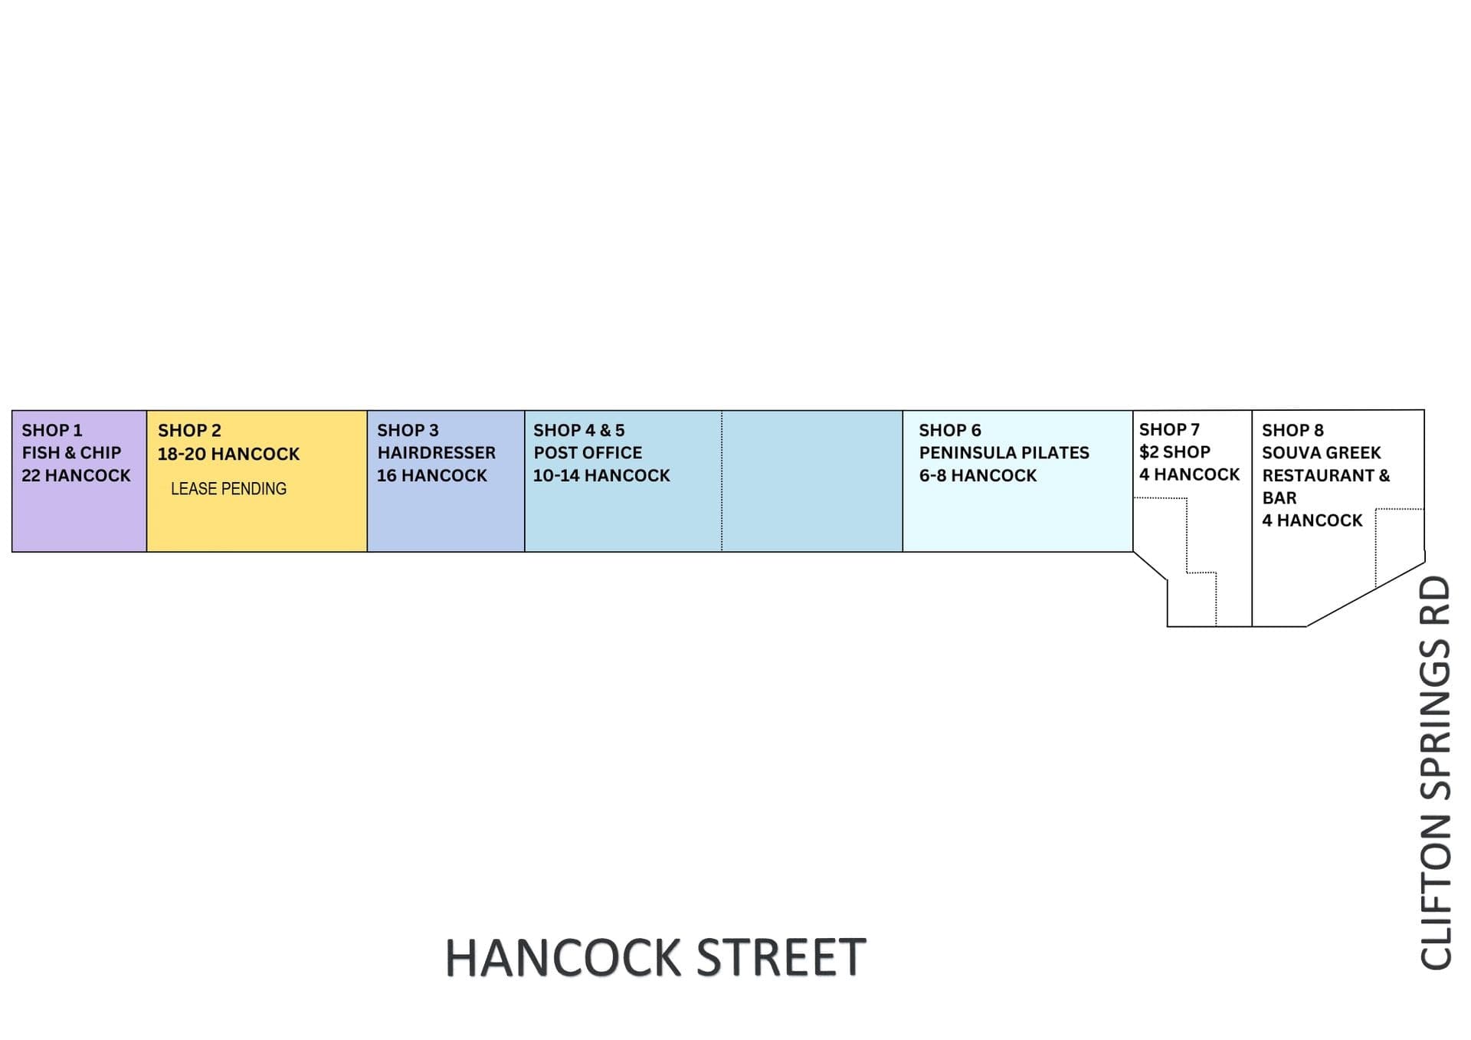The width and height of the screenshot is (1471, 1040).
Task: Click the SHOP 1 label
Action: pos(51,430)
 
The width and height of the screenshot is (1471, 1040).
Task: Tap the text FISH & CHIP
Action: pos(71,452)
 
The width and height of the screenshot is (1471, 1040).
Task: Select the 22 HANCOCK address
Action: pos(76,475)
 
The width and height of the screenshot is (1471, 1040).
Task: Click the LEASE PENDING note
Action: pos(228,488)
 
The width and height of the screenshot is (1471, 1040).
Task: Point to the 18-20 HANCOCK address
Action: pos(228,454)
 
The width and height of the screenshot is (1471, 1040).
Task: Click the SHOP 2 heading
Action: pos(189,431)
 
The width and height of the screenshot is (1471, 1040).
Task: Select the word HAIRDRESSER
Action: pos(436,452)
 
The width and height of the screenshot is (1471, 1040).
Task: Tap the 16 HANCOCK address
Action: pos(431,475)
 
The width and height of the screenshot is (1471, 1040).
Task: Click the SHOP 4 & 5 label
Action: pos(578,430)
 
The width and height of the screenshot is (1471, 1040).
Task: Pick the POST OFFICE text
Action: pos(588,452)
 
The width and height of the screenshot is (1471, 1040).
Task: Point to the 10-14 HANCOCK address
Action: pos(601,475)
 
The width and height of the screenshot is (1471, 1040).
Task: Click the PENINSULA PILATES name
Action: pos(1004,452)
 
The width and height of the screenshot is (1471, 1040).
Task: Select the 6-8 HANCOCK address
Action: pos(978,475)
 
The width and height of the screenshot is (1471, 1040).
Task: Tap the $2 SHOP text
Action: pos(1175,451)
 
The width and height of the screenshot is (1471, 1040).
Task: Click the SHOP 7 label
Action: pos(1169,429)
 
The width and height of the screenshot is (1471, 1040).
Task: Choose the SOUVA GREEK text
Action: pos(1321,452)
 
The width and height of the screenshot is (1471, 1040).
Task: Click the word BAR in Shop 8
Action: pos(1279,497)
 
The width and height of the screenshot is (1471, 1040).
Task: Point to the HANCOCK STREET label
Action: pos(655,957)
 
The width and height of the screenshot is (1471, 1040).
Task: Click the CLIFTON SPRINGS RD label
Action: pos(1435,773)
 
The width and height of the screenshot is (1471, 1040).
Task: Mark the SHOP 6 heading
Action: pos(950,430)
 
